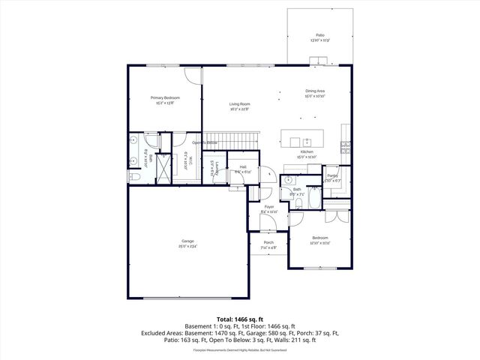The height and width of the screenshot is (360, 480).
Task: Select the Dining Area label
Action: (314, 91)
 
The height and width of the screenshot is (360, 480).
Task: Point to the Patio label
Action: (320, 34)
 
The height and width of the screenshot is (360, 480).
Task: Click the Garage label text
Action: (187, 241)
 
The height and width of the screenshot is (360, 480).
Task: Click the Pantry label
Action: (332, 175)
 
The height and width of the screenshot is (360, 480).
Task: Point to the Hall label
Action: (242, 167)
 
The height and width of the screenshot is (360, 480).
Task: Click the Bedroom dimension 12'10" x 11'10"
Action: (320, 243)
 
